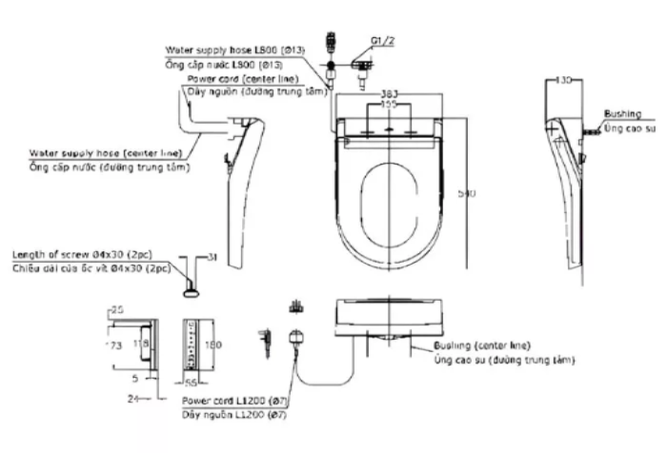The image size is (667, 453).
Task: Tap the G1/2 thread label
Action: [x=382, y=41]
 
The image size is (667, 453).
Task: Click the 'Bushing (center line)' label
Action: [x=482, y=345]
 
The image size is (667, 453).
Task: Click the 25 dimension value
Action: [x=117, y=309]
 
